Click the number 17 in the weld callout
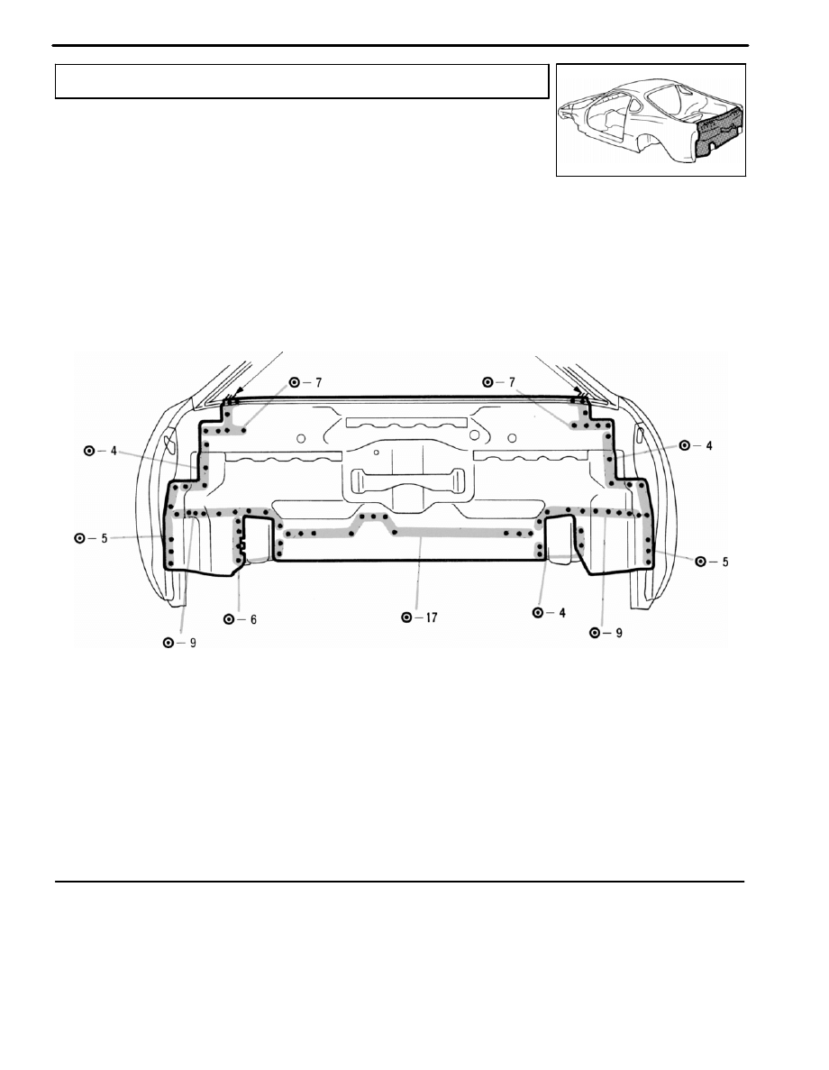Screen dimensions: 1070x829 (432, 617)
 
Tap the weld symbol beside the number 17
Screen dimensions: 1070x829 (406, 617)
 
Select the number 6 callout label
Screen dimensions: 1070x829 (252, 619)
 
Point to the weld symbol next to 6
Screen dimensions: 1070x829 (229, 619)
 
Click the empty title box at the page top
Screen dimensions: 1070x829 (302, 81)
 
